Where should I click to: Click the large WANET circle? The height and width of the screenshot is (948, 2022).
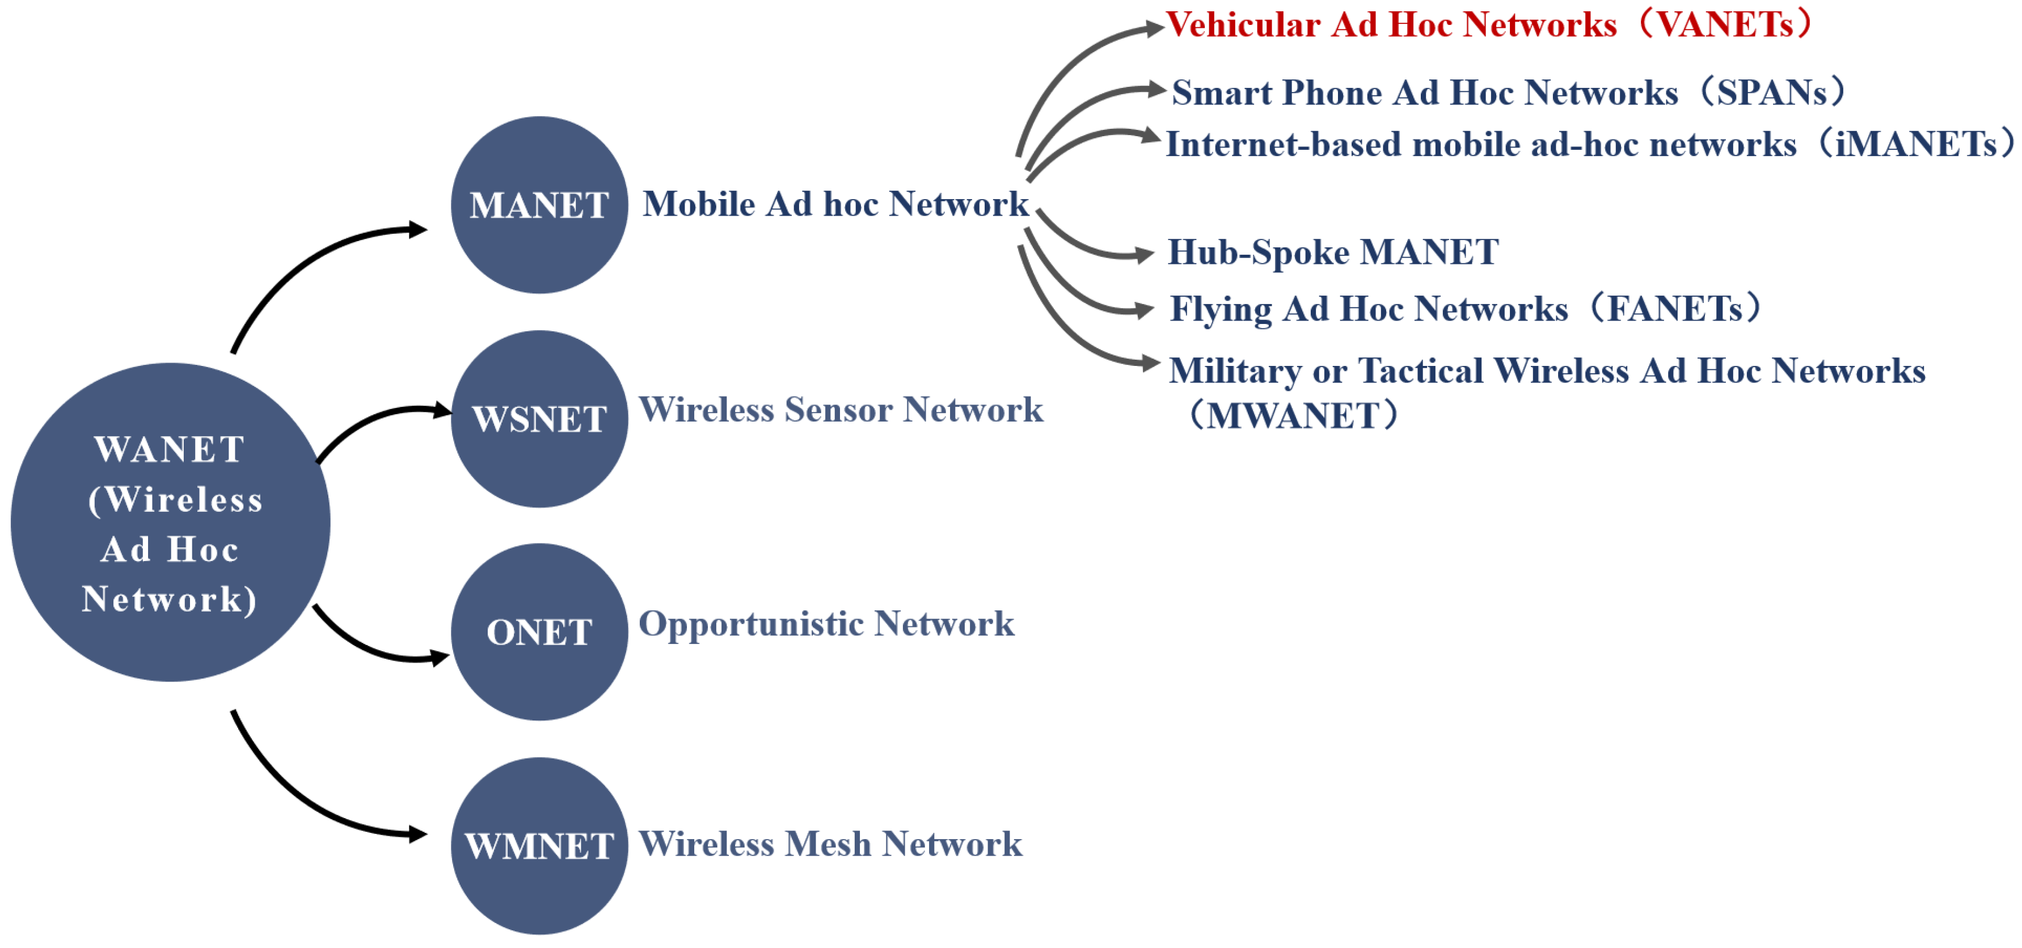(170, 523)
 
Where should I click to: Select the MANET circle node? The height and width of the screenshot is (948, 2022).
(539, 205)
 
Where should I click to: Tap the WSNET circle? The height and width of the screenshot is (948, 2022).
(539, 419)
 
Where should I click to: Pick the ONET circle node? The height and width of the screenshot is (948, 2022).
(539, 632)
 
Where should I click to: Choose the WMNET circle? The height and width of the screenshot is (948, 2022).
(539, 846)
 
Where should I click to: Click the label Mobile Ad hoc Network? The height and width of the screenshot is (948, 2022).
(835, 204)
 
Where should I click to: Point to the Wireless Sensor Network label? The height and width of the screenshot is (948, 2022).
(841, 410)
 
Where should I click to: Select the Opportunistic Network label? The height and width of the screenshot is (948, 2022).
(826, 625)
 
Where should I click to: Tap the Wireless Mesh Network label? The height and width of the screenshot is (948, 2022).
(830, 844)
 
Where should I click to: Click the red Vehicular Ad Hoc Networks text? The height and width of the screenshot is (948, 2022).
(1488, 25)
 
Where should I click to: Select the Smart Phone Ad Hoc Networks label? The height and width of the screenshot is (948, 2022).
(1507, 92)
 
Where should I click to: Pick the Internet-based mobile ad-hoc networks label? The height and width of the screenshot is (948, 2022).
(1589, 145)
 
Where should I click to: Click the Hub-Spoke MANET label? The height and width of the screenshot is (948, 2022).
(1333, 252)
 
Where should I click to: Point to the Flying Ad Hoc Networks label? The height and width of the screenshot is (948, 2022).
(1464, 309)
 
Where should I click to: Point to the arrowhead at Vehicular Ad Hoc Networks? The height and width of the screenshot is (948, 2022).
(1154, 29)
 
